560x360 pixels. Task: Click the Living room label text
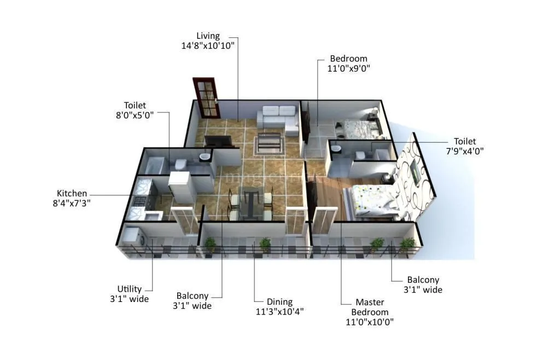pyautogui.click(x=208, y=36)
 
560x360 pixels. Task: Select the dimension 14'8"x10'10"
pyautogui.click(x=208, y=46)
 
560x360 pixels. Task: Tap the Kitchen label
pyautogui.click(x=72, y=193)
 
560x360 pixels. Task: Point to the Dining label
pyautogui.click(x=279, y=301)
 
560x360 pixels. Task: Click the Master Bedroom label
pyautogui.click(x=370, y=307)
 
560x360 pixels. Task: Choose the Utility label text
pyautogui.click(x=130, y=289)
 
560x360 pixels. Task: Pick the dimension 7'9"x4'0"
pyautogui.click(x=465, y=151)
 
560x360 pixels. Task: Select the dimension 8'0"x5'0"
pyautogui.click(x=135, y=115)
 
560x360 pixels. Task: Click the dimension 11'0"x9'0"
pyautogui.click(x=348, y=68)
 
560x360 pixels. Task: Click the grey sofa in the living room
pyautogui.click(x=278, y=119)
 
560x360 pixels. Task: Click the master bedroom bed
pyautogui.click(x=377, y=201)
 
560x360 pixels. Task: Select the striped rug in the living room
pyautogui.click(x=270, y=144)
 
